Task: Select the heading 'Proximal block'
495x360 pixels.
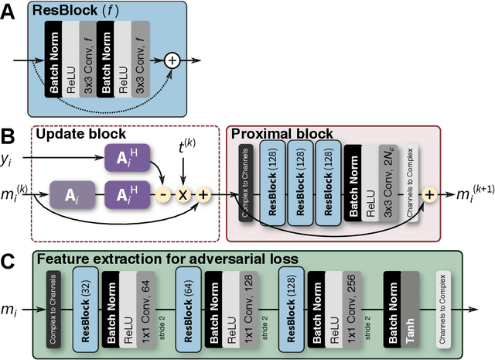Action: point(282,135)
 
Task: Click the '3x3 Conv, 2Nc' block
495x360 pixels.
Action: point(391,184)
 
